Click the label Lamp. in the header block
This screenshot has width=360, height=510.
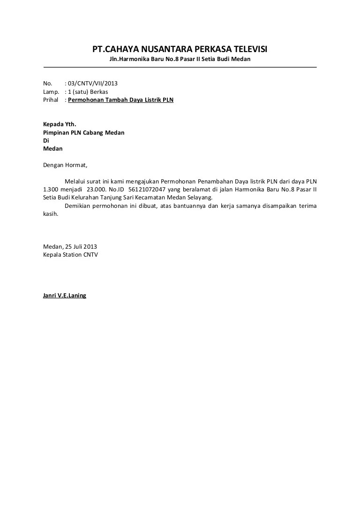point(51,91)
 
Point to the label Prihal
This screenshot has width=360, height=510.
point(51,100)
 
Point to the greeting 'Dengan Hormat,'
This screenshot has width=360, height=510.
point(65,165)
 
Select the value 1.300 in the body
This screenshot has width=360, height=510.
point(51,189)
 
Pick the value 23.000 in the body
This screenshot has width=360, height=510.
point(97,189)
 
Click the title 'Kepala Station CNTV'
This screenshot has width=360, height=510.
point(70,255)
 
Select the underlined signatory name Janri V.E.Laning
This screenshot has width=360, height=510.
point(65,296)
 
